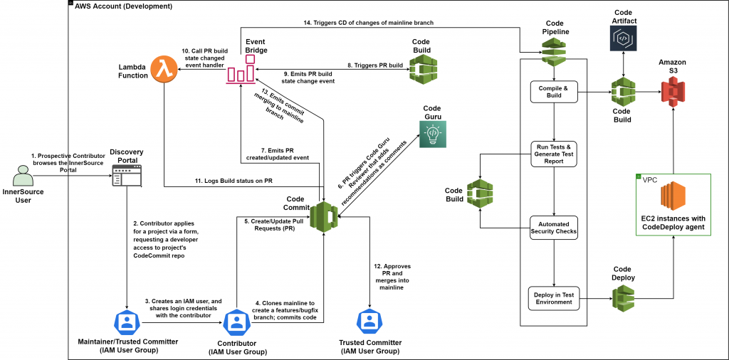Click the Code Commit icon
(x=325, y=216)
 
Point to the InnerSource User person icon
(x=23, y=176)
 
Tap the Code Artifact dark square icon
(x=624, y=39)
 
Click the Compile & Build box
(x=553, y=92)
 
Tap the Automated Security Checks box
(x=553, y=226)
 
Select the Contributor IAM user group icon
(x=236, y=322)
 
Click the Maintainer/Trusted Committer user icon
(x=127, y=322)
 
